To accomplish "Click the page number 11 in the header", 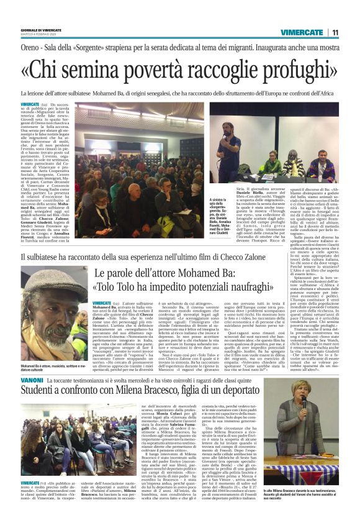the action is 335,32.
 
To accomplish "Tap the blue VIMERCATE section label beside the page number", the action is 300,32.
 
